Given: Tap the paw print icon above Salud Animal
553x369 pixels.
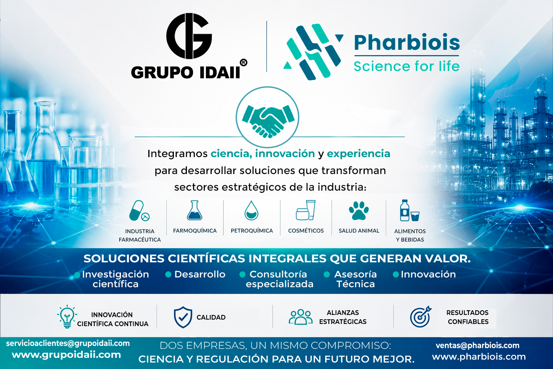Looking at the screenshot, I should [359, 210].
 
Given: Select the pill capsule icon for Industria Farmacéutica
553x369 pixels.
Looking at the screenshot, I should [139, 211].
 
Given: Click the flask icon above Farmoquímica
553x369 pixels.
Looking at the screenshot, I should [194, 211].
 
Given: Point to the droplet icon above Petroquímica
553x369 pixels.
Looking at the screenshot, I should [251, 210].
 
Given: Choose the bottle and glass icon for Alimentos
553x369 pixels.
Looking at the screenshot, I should [409, 211].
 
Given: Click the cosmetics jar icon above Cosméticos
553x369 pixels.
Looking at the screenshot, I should [306, 210].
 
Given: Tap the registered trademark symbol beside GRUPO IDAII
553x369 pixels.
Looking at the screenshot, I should [243, 63].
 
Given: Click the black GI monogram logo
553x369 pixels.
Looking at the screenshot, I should [189, 36].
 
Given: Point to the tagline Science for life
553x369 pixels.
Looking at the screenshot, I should [406, 66].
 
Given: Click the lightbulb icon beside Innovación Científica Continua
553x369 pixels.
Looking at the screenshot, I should [67, 317].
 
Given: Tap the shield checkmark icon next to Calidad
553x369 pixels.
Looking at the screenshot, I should [183, 317].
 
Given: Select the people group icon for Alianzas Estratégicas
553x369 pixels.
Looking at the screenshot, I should [300, 317].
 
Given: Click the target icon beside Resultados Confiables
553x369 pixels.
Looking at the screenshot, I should [420, 317].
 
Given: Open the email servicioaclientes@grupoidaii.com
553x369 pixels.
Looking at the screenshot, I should [68, 343].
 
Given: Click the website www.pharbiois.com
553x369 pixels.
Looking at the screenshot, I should [479, 357].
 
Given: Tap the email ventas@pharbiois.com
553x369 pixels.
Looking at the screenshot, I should [477, 346].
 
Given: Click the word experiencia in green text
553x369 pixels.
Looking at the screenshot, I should [358, 154].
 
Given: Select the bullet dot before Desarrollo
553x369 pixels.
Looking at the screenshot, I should [168, 275].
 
